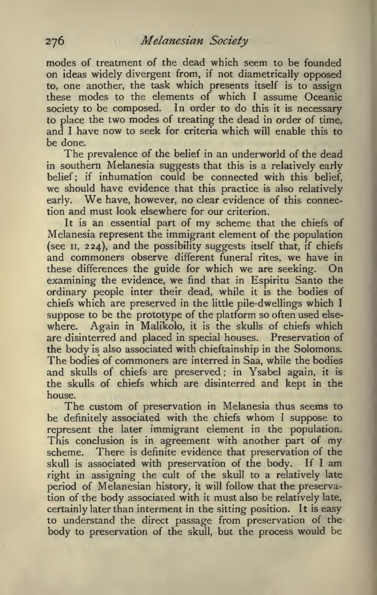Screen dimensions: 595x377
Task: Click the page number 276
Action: pyautogui.click(x=57, y=42)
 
